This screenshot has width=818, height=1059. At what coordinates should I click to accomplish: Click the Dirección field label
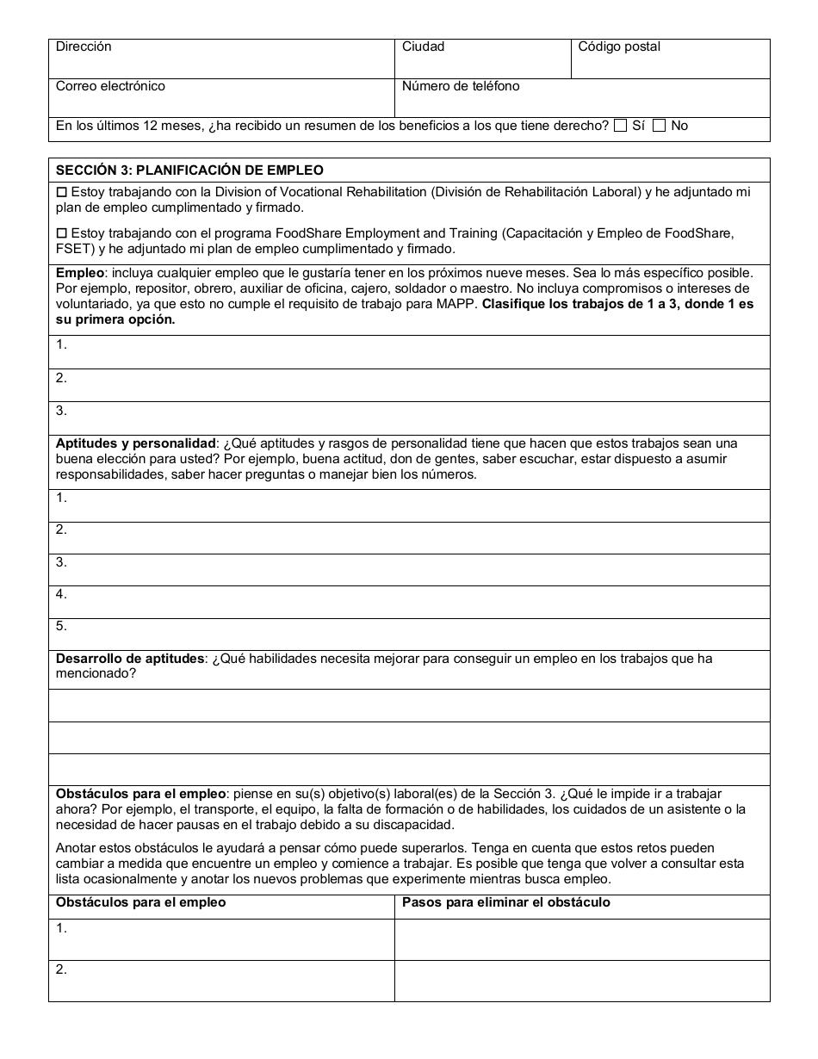coord(84,47)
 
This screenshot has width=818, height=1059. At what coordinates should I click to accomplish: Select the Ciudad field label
coord(423,47)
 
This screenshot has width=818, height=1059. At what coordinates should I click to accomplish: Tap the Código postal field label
coord(619,47)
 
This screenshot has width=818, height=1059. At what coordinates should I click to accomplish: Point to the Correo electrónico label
coord(110,86)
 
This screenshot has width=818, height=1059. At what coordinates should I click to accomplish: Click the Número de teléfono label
coord(461,86)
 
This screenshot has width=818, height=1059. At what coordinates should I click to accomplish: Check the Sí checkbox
coord(620,126)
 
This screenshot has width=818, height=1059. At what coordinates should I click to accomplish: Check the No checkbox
coord(660,126)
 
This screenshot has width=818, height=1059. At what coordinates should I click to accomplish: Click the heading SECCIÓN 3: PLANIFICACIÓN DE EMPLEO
coord(189,170)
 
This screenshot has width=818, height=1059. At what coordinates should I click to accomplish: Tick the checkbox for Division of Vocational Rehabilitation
coord(61,193)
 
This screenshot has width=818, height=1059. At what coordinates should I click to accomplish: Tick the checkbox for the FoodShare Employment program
coord(61,233)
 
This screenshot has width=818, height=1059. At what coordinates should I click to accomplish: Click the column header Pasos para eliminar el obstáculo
coord(506,902)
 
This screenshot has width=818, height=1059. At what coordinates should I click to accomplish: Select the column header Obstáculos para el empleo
coord(141,902)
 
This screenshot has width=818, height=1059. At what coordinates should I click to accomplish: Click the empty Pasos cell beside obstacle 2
coord(582,981)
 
